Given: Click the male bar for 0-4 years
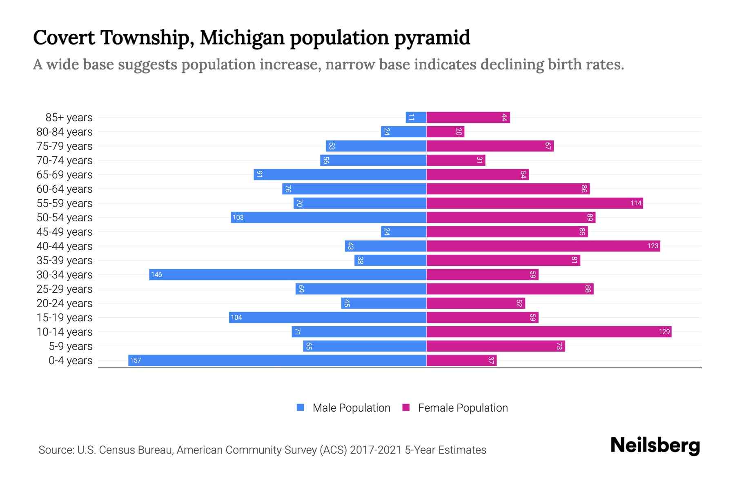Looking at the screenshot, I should [278, 360].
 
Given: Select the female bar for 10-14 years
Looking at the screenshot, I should [549, 332].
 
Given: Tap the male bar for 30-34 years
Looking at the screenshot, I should [288, 274].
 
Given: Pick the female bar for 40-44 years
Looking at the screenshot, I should [543, 246].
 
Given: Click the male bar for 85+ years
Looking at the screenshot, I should [416, 117].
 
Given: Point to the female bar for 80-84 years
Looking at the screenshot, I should [445, 131].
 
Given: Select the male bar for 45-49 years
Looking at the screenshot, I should [404, 232].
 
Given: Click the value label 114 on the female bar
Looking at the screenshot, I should [636, 203].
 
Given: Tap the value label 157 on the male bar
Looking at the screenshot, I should [136, 360].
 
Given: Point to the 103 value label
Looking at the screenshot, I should [238, 217].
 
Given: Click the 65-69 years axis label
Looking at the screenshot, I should [65, 175].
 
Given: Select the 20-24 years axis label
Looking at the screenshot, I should [65, 303].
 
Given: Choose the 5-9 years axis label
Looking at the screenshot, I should [71, 346].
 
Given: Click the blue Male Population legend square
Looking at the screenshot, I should [301, 408].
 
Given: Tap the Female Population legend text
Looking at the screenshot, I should [463, 408].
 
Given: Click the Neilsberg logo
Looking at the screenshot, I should [655, 445].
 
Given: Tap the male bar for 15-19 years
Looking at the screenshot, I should [327, 317].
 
